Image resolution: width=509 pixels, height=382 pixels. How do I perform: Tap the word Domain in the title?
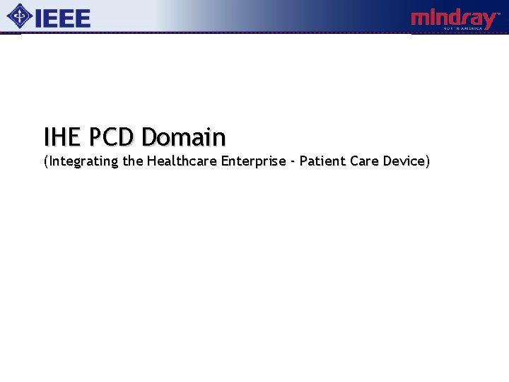(183, 136)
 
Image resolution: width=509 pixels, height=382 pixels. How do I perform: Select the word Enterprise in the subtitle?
(253, 161)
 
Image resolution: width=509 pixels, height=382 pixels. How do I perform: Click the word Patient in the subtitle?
(322, 161)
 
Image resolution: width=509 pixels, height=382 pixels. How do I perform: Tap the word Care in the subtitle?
(365, 161)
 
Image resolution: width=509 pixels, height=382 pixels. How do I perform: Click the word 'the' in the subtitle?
(132, 161)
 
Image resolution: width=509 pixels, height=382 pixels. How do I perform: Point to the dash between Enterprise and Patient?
(293, 162)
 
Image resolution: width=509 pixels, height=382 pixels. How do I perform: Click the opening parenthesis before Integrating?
(45, 161)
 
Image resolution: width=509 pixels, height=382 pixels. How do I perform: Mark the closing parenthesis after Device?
(427, 161)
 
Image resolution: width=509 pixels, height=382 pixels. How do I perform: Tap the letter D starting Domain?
(148, 136)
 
